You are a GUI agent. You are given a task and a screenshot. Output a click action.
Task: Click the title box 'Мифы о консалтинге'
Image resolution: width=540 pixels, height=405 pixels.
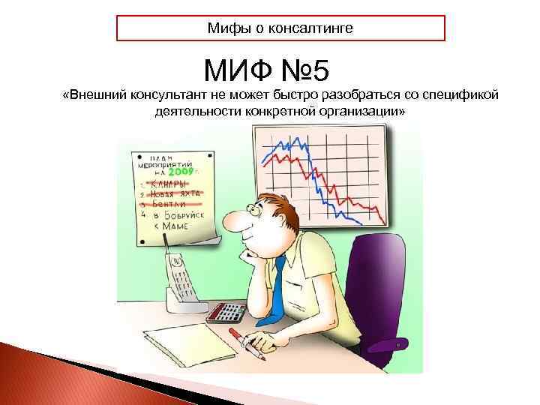[x=280, y=28]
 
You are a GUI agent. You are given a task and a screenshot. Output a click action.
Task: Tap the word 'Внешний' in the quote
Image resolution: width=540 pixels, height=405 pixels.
[x=99, y=95]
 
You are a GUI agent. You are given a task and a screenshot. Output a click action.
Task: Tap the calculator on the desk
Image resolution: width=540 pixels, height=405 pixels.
[x=226, y=311]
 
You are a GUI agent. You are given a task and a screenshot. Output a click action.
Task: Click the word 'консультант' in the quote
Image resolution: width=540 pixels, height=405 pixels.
[x=166, y=95]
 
